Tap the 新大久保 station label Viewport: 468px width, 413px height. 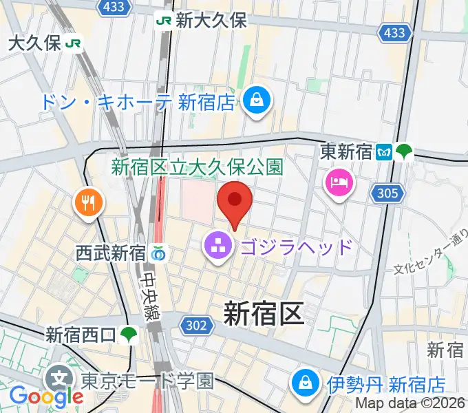pyautogui.click(x=211, y=21)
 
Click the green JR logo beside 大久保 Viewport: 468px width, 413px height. pyautogui.click(x=74, y=44)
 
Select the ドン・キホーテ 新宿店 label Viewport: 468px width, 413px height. pyautogui.click(x=136, y=103)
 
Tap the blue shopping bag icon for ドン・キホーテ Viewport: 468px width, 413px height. pyautogui.click(x=256, y=102)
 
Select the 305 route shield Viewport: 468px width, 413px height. pyautogui.click(x=387, y=194)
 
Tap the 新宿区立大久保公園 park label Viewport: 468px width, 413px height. pyautogui.click(x=198, y=167)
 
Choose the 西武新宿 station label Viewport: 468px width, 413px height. pyautogui.click(x=111, y=253)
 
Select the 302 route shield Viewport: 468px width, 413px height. pyautogui.click(x=196, y=324)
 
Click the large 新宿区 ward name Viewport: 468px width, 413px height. pyautogui.click(x=264, y=315)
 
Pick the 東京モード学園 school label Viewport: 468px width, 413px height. pyautogui.click(x=147, y=380)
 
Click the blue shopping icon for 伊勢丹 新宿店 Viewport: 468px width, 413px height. pyautogui.click(x=304, y=383)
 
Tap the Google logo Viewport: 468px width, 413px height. pyautogui.click(x=45, y=396)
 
